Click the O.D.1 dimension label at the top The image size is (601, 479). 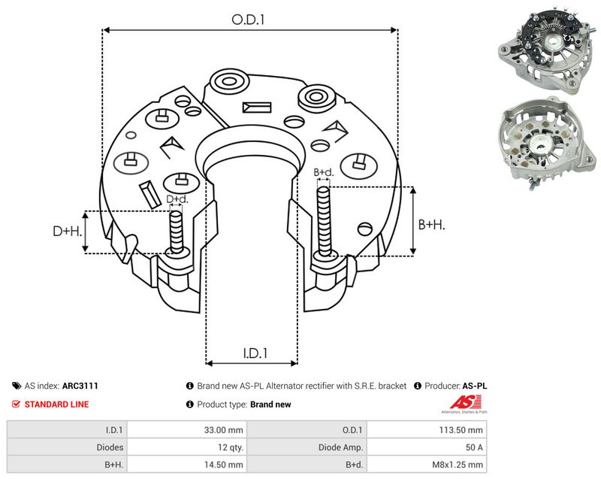click(x=248, y=20)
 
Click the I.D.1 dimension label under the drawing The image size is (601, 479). click(x=255, y=353)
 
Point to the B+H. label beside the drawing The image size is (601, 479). click(x=431, y=224)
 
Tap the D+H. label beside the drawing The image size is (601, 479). click(x=68, y=231)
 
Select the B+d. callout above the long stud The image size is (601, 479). click(x=324, y=172)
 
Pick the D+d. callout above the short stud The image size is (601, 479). click(x=177, y=199)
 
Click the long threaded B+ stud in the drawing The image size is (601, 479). click(x=324, y=222)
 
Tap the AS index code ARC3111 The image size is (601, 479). click(x=80, y=386)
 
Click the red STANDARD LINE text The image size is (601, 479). click(x=56, y=405)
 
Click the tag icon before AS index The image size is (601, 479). click(x=17, y=386)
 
